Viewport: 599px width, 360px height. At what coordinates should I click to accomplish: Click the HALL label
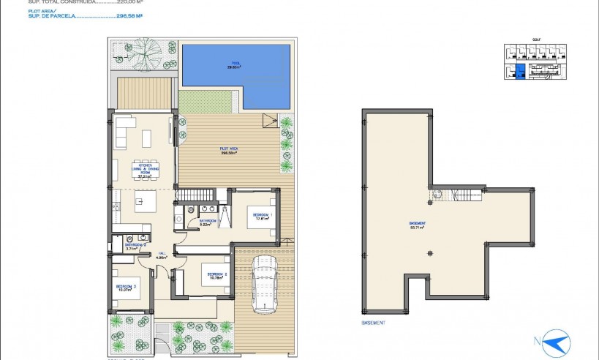(162, 255)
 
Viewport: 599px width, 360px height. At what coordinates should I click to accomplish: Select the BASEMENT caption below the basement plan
(373, 322)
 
